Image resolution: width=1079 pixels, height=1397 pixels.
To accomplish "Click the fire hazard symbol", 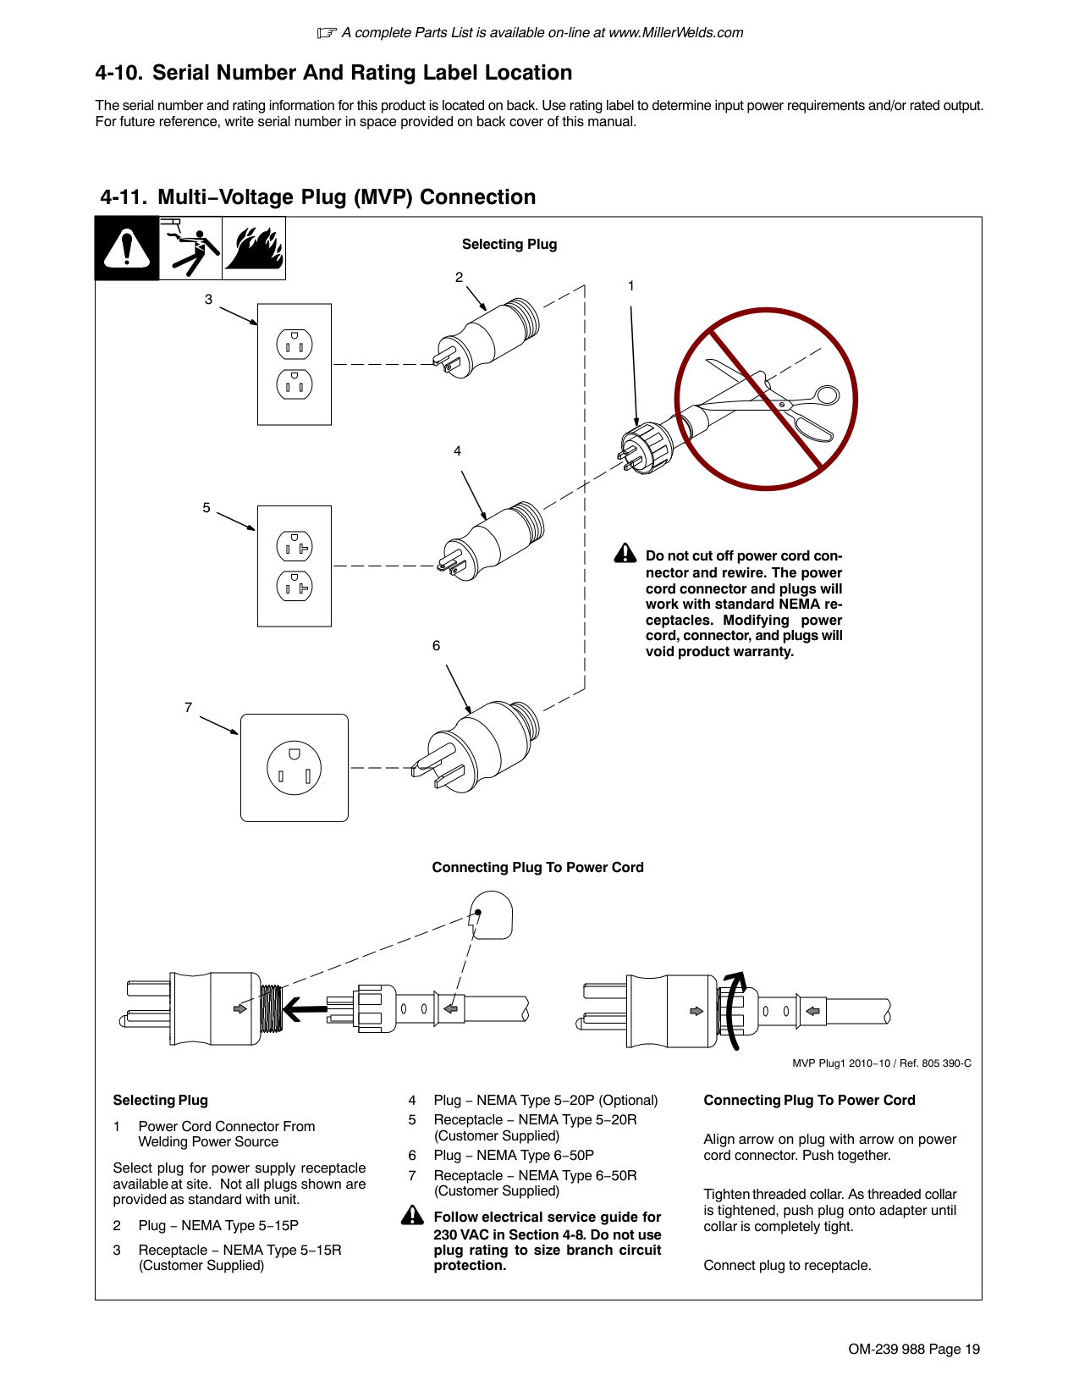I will [x=254, y=248].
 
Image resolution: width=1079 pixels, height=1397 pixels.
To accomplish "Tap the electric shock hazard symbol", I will [x=190, y=248].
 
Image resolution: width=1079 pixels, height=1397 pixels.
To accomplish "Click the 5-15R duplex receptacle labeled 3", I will [x=295, y=364].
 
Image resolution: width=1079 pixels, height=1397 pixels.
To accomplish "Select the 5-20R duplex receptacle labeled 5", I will [x=295, y=566].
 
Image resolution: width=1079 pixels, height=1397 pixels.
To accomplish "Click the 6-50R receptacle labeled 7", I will [x=295, y=768].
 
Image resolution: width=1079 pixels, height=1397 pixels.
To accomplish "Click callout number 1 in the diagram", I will [x=630, y=286].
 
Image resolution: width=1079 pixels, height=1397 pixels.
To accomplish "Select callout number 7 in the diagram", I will [x=188, y=707].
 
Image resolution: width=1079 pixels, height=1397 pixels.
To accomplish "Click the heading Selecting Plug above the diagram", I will [x=509, y=245].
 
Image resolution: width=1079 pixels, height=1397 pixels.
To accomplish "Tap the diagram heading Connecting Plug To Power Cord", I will [x=537, y=867].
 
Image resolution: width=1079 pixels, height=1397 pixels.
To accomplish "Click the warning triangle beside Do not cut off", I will [x=625, y=554].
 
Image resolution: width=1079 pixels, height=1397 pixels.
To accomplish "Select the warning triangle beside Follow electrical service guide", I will [x=412, y=1216].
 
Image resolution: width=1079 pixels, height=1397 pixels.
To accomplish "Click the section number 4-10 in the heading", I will [x=118, y=73].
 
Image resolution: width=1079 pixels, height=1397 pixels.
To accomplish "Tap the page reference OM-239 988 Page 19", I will [x=914, y=1349].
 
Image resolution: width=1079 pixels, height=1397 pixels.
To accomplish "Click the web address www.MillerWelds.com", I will [x=675, y=33].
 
